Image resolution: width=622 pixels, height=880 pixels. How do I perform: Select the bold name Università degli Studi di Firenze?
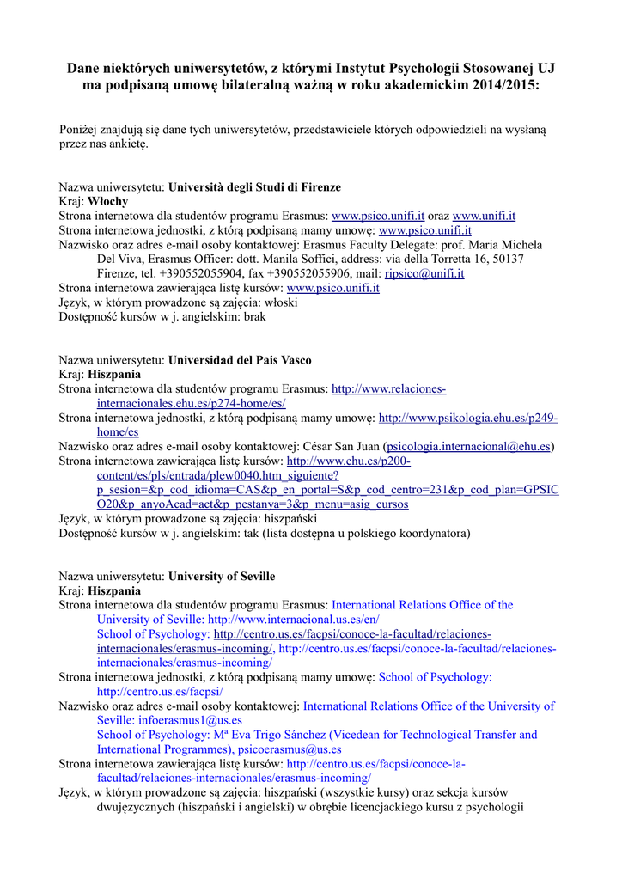(x=254, y=186)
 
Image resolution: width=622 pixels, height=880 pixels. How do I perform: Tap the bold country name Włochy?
(x=108, y=201)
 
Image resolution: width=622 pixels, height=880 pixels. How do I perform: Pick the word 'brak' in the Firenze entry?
(x=255, y=316)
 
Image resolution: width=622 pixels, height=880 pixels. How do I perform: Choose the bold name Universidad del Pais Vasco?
(x=240, y=360)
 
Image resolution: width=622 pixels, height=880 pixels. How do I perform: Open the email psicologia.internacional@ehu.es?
(x=468, y=446)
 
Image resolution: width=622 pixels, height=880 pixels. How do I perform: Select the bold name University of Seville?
(x=222, y=576)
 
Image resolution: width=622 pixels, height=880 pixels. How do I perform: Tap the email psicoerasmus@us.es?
(x=290, y=749)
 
